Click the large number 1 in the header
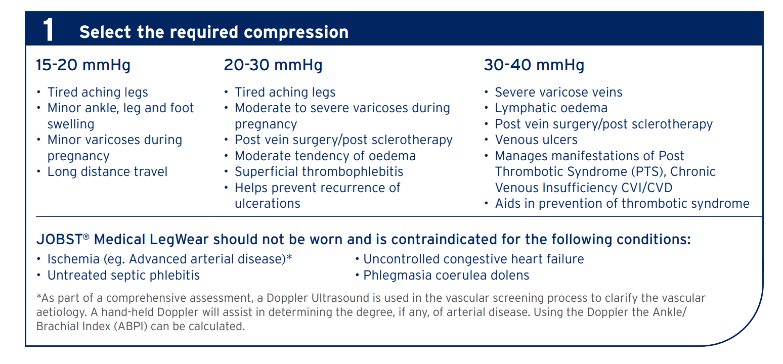(48, 31)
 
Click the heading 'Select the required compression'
(213, 32)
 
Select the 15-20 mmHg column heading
(83, 65)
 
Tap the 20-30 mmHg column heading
(273, 65)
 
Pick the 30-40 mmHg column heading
(534, 65)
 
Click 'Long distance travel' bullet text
(107, 172)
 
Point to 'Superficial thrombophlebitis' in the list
(319, 172)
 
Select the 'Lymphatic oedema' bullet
(551, 108)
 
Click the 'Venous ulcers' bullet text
(536, 140)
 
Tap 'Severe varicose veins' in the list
(558, 93)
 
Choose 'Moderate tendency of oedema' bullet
(325, 156)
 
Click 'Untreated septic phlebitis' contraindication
(123, 276)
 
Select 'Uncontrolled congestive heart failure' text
(473, 259)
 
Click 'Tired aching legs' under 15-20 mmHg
(98, 93)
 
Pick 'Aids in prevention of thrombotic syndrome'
(622, 204)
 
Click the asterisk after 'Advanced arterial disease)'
(289, 258)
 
